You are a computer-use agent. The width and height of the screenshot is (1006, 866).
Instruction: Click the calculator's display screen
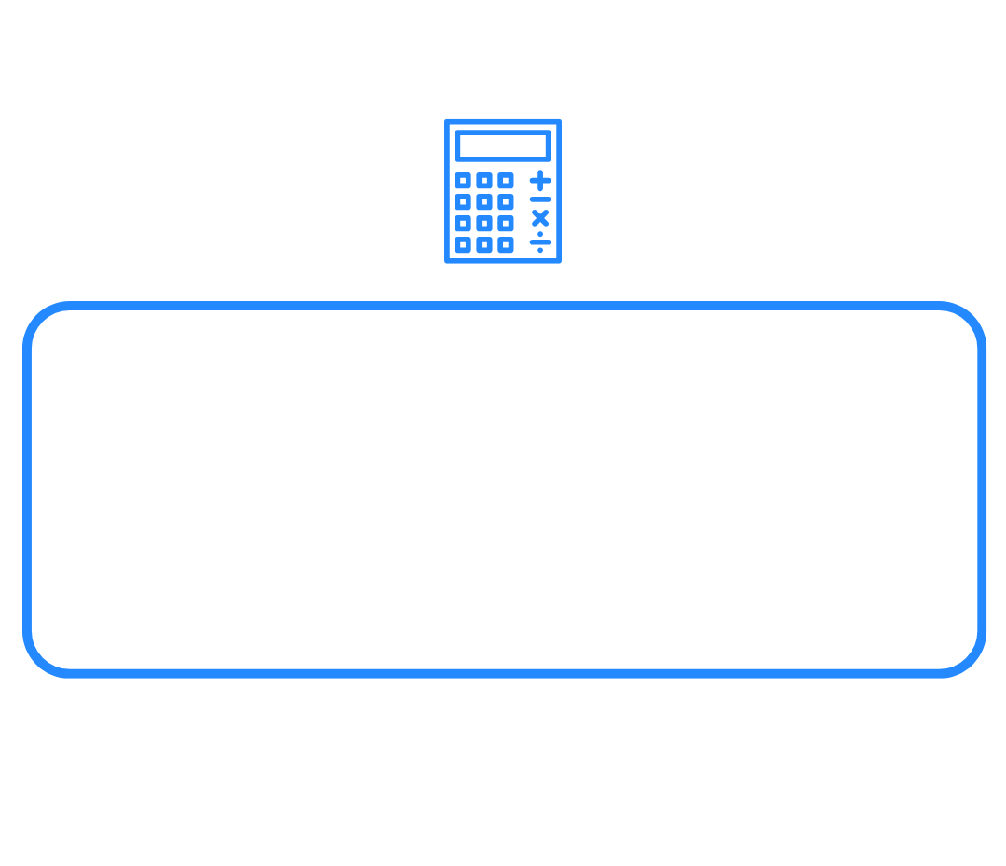tap(503, 145)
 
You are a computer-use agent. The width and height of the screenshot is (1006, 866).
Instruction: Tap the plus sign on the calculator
tap(540, 180)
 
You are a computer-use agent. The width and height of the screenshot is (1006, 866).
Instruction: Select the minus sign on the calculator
tap(540, 199)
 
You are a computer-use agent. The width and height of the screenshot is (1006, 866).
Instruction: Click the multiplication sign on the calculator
tap(540, 219)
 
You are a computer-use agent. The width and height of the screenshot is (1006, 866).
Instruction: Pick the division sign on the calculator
tap(540, 241)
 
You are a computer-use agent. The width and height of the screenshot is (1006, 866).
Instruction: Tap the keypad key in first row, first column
tap(463, 181)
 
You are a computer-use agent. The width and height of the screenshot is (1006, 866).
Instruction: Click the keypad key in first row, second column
tap(484, 181)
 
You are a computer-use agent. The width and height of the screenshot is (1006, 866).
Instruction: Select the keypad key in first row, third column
tap(506, 181)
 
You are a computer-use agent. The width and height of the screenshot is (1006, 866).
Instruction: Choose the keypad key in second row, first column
tap(463, 202)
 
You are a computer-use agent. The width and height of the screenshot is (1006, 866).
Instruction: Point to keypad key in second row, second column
tap(484, 202)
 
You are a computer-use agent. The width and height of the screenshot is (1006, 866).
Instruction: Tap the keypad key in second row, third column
tap(506, 202)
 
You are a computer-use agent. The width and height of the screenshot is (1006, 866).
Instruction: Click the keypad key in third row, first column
tap(463, 224)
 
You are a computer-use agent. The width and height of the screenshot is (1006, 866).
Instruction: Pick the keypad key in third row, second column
tap(484, 224)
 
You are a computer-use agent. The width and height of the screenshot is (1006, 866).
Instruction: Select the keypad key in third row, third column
tap(506, 224)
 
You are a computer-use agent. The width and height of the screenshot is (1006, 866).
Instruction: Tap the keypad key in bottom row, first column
tap(463, 245)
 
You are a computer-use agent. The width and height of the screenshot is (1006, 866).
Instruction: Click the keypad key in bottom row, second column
tap(484, 245)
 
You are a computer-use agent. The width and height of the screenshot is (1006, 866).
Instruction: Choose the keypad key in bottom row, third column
tap(506, 245)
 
